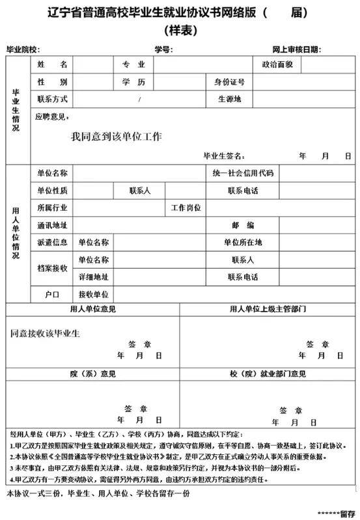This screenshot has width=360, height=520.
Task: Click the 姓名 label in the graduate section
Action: click(x=52, y=65)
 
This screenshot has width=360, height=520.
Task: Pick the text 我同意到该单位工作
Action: click(x=117, y=137)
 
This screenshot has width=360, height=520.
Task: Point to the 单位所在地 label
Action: click(x=242, y=242)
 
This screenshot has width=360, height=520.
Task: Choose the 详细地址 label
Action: click(x=93, y=277)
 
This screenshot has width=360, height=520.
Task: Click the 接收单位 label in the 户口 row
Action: click(x=93, y=294)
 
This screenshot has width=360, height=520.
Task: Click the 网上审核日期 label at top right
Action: click(x=296, y=49)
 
